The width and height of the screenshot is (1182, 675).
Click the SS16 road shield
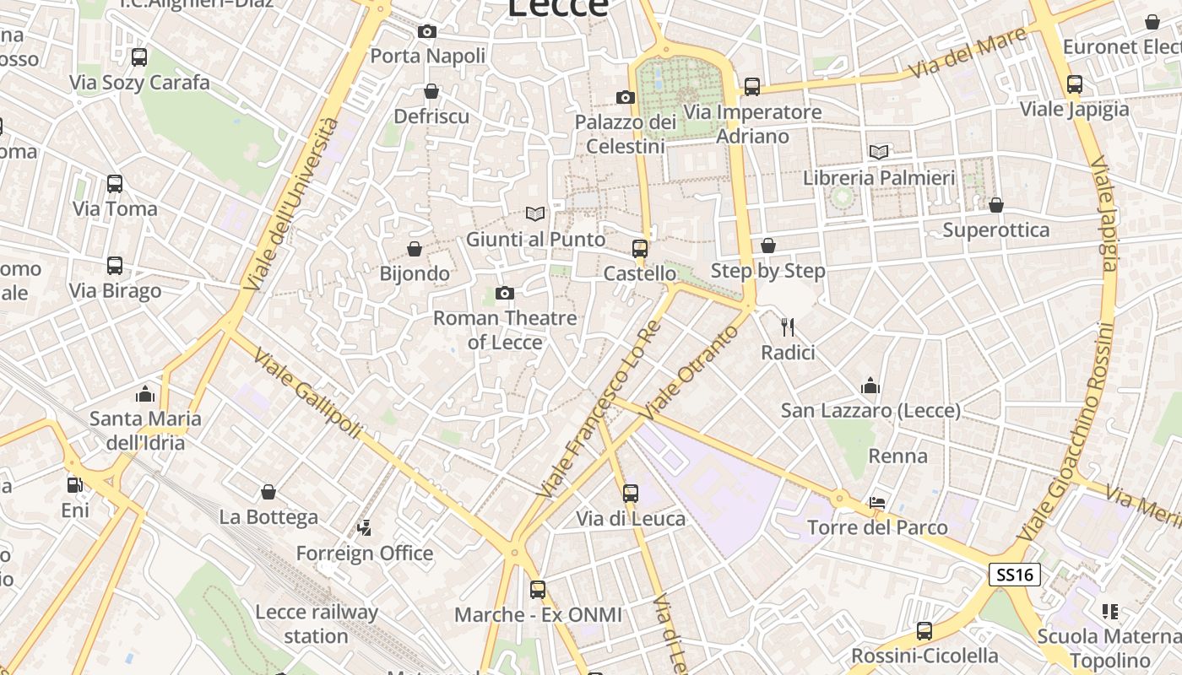click(1015, 575)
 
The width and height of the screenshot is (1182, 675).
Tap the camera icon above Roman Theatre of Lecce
click(504, 293)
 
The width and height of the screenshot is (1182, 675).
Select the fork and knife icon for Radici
click(788, 327)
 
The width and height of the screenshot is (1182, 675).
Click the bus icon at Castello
click(640, 248)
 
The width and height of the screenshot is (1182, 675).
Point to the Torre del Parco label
click(877, 527)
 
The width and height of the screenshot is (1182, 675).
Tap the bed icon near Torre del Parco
click(877, 503)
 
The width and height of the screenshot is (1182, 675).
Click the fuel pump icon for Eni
click(75, 485)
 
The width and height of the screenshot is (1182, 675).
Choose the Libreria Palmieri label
click(879, 178)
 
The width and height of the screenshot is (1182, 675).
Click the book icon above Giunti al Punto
click(535, 213)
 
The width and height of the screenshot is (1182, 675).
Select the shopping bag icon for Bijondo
click(415, 249)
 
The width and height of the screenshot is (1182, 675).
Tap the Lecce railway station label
click(317, 624)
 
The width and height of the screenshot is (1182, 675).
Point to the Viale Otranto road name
click(691, 372)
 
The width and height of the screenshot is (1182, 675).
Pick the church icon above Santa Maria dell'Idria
click(145, 393)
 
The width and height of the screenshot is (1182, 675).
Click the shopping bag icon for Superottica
click(996, 205)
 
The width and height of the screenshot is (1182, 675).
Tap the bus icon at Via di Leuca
click(631, 494)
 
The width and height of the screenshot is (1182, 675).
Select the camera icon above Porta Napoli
click(427, 31)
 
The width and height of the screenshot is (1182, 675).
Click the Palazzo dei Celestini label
click(626, 134)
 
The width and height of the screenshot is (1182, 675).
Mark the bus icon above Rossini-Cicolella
click(924, 630)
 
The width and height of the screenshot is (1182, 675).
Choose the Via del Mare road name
click(971, 52)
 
